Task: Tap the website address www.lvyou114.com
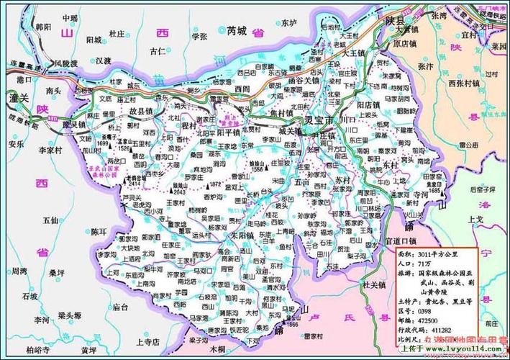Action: click(x=465, y=348)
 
